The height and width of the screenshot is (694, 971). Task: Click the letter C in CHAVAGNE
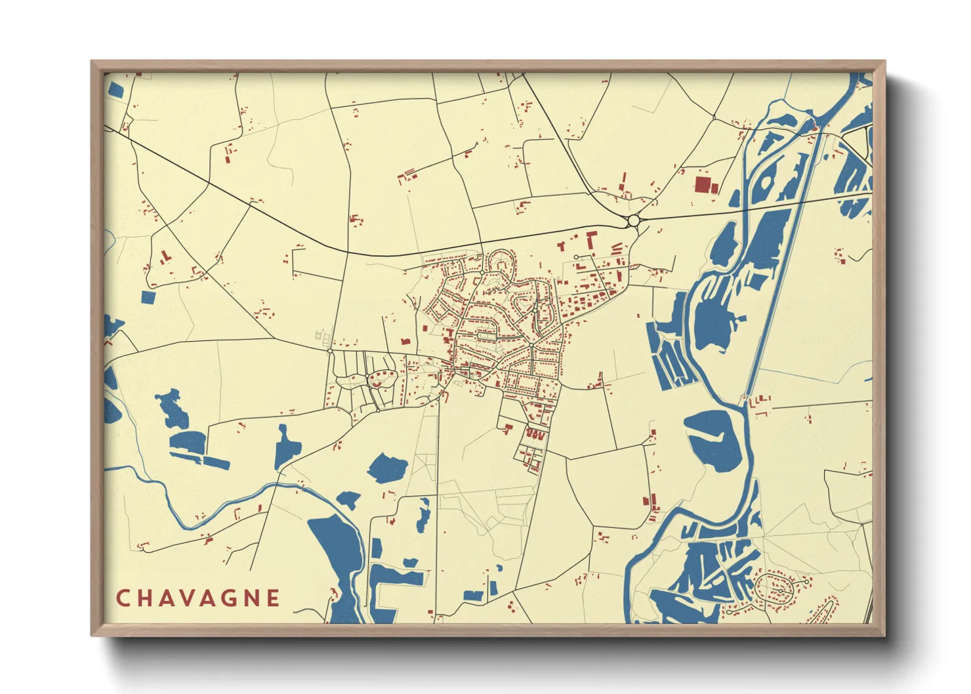coord(123,598)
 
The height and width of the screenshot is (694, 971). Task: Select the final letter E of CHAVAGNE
coord(273,598)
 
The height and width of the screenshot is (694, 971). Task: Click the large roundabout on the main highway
coord(633,221)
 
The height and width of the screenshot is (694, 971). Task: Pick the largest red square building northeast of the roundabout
coord(702,184)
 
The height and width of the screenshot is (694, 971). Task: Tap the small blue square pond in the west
coord(149,297)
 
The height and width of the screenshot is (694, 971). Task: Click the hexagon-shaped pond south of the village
coord(388,468)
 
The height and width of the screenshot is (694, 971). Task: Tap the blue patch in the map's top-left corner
coord(114,89)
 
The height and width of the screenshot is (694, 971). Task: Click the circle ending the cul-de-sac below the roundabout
coord(576,257)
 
